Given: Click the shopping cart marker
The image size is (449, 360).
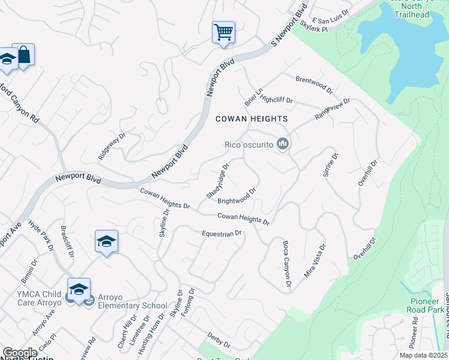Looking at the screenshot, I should pyautogui.click(x=223, y=32).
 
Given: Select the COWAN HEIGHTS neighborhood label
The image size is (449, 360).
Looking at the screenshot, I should pyautogui.click(x=252, y=119).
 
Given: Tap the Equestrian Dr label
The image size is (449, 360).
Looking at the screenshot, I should pyautogui.click(x=221, y=233).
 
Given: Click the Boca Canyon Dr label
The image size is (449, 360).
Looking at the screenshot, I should pyautogui.click(x=286, y=263).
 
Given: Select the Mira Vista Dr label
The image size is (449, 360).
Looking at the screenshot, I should pyautogui.click(x=315, y=260).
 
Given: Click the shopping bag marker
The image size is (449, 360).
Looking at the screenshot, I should pyautogui.click(x=23, y=55).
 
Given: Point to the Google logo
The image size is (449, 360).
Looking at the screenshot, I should pyautogui.click(x=20, y=353).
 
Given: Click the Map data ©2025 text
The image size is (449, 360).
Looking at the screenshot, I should pyautogui.click(x=424, y=355).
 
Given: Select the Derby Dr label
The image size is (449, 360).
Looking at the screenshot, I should pyautogui.click(x=218, y=341).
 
